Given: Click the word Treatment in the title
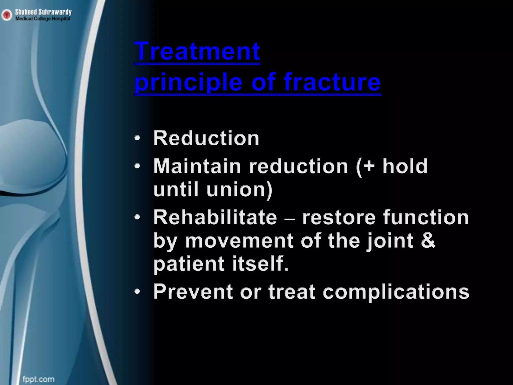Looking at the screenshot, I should pyautogui.click(x=197, y=51).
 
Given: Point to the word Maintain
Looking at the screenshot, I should pyautogui.click(x=197, y=166).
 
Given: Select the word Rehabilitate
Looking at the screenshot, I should pyautogui.click(x=215, y=217).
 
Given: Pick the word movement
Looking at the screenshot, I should pyautogui.click(x=239, y=241).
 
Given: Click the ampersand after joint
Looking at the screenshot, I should pyautogui.click(x=427, y=240).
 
